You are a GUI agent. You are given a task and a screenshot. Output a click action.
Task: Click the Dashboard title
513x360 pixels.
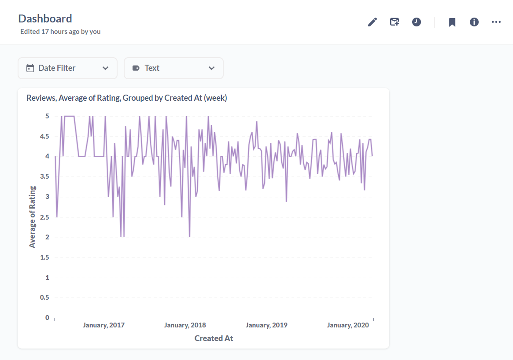tap(45, 18)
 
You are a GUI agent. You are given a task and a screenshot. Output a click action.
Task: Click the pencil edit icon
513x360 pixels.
tap(373, 22)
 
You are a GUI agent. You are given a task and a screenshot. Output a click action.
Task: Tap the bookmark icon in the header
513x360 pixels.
tap(452, 22)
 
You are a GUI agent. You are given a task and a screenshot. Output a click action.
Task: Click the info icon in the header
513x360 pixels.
tap(474, 22)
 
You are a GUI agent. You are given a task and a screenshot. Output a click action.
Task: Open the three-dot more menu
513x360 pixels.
tap(496, 22)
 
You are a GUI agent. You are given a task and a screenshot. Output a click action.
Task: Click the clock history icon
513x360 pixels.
tap(417, 22)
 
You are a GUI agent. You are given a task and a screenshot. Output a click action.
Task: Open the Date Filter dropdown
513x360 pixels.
tap(67, 68)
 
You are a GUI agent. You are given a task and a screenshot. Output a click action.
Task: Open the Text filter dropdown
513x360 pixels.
tap(173, 68)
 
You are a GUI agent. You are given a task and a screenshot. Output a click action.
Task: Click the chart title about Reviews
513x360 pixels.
tap(127, 98)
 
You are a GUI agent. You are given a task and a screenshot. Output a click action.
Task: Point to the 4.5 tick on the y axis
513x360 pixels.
tap(44, 136)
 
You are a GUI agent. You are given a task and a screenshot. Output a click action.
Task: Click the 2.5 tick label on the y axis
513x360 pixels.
tap(44, 217)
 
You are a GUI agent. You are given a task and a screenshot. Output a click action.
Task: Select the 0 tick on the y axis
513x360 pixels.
tap(47, 317)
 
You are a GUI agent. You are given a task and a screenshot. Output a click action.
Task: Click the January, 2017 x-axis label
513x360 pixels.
tap(103, 325)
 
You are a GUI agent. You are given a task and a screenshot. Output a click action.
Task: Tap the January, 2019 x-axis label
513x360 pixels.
tap(266, 325)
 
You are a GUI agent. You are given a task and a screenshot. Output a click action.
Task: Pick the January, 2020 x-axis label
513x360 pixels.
tap(348, 325)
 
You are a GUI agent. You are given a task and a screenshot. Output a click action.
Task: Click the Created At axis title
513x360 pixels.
tap(214, 338)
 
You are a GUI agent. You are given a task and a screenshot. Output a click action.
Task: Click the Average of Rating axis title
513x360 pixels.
tap(32, 217)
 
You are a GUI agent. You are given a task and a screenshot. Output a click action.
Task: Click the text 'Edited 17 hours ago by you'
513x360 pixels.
tap(60, 32)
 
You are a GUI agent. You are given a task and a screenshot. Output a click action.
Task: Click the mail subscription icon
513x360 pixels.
tap(395, 22)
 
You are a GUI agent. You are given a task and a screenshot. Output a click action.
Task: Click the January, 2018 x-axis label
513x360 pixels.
tap(185, 325)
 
